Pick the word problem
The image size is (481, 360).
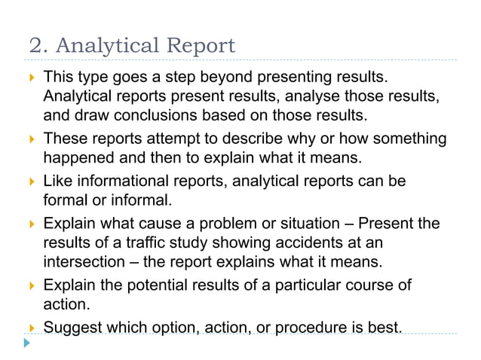[230, 224]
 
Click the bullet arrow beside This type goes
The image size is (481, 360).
[29, 78]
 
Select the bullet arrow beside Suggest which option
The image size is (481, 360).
[29, 328]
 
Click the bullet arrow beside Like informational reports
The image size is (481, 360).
[29, 182]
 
